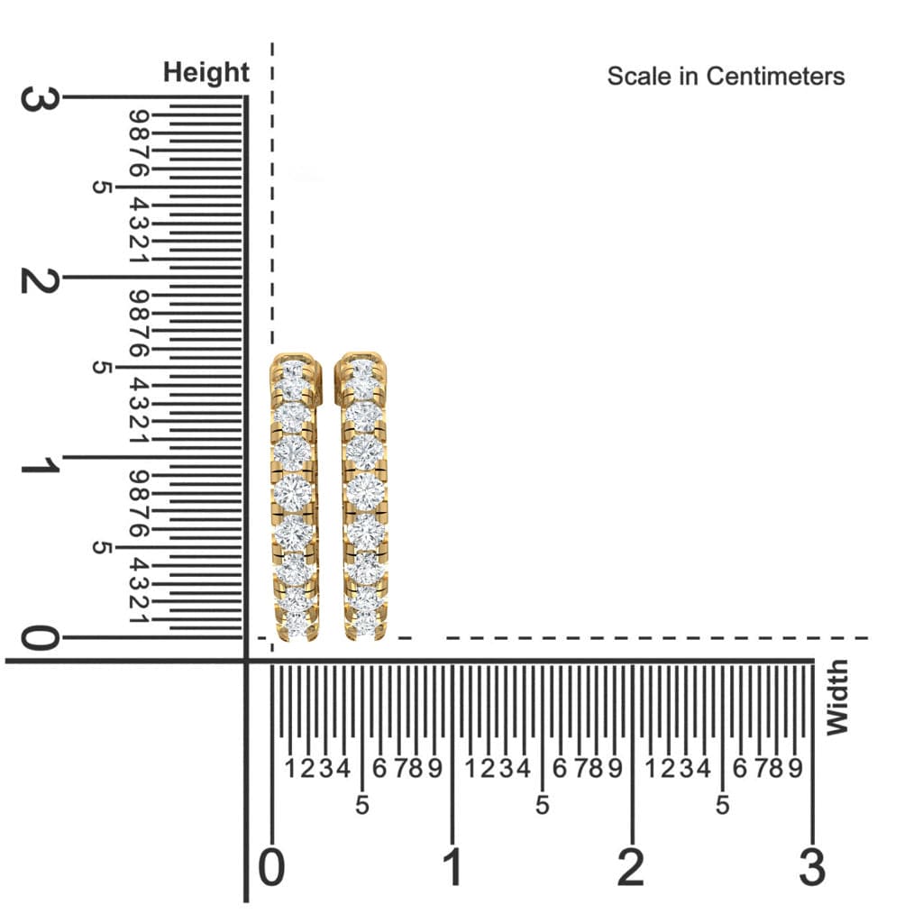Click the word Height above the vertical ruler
pyautogui.click(x=206, y=73)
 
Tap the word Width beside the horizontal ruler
pyautogui.click(x=837, y=697)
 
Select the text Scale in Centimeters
pyautogui.click(x=726, y=77)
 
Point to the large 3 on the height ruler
pyautogui.click(x=39, y=98)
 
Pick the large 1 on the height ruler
pyautogui.click(x=39, y=466)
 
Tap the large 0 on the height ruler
pyautogui.click(x=39, y=638)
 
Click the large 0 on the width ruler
pyautogui.click(x=271, y=868)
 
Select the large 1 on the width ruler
pyautogui.click(x=452, y=868)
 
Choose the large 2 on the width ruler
pyautogui.click(x=630, y=868)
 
